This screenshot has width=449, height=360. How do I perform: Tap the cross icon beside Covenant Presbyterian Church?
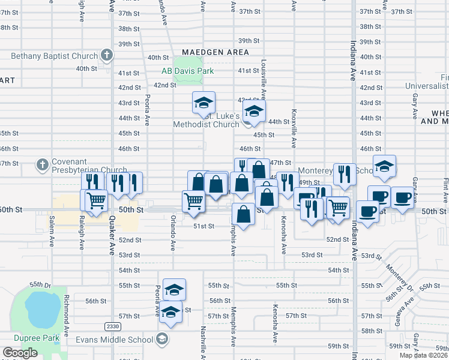(43, 164)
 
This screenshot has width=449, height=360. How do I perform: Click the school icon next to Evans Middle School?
(161, 340)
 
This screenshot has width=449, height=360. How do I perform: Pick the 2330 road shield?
(112, 326)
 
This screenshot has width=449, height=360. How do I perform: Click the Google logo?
(20, 353)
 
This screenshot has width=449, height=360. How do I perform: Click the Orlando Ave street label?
(173, 232)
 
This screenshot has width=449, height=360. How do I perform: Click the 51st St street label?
(203, 226)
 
